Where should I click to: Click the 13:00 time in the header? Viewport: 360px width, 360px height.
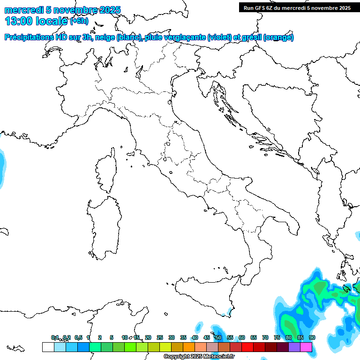[x=20, y=21]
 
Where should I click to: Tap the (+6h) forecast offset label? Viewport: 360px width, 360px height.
[x=79, y=21]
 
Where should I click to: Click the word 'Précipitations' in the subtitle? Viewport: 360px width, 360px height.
[x=29, y=37]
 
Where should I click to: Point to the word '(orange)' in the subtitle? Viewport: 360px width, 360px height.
[x=279, y=37]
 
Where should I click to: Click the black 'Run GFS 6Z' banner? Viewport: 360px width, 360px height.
[x=295, y=7]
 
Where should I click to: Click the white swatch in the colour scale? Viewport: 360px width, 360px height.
[x=48, y=347]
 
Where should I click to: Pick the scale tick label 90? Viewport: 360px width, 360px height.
[x=312, y=337]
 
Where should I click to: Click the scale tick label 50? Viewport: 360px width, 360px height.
[x=218, y=337]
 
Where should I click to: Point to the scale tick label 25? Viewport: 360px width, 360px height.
[x=160, y=337]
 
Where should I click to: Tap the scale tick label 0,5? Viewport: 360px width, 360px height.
[x=78, y=337]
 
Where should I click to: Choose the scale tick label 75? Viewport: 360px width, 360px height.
[x=277, y=337]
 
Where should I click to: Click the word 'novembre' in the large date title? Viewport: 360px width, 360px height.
[x=78, y=10]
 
